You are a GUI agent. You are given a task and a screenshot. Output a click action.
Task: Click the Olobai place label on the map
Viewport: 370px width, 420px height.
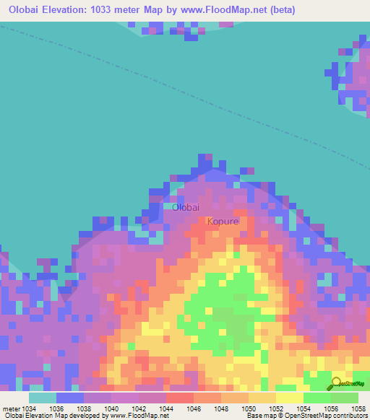click(x=185, y=207)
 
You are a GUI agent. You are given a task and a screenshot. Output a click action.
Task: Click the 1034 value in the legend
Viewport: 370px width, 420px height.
click(x=29, y=408)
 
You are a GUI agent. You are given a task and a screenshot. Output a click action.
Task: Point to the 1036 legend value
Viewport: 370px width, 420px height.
click(x=57, y=408)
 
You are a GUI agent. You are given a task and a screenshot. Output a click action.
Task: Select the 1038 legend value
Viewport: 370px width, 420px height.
click(x=85, y=408)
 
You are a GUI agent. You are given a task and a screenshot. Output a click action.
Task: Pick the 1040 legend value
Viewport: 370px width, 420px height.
click(x=112, y=408)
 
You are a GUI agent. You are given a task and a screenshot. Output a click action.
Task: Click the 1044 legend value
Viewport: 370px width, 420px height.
click(x=167, y=408)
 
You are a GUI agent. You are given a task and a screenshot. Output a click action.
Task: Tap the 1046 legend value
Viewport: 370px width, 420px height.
click(x=194, y=408)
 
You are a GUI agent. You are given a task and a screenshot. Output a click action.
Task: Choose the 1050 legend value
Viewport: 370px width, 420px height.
click(x=249, y=408)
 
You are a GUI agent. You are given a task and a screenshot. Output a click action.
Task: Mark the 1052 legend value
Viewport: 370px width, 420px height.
click(x=277, y=408)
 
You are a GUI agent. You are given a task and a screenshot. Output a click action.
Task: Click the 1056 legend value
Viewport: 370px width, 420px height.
click(x=332, y=408)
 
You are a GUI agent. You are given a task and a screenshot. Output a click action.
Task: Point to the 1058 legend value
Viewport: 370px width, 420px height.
click(x=358, y=408)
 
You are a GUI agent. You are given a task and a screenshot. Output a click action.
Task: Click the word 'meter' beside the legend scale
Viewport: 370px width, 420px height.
click(x=11, y=408)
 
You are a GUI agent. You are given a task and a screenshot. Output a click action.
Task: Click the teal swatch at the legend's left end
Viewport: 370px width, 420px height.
click(x=43, y=398)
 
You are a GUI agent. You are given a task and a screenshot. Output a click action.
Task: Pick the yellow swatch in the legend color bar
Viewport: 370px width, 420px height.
click(x=290, y=398)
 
